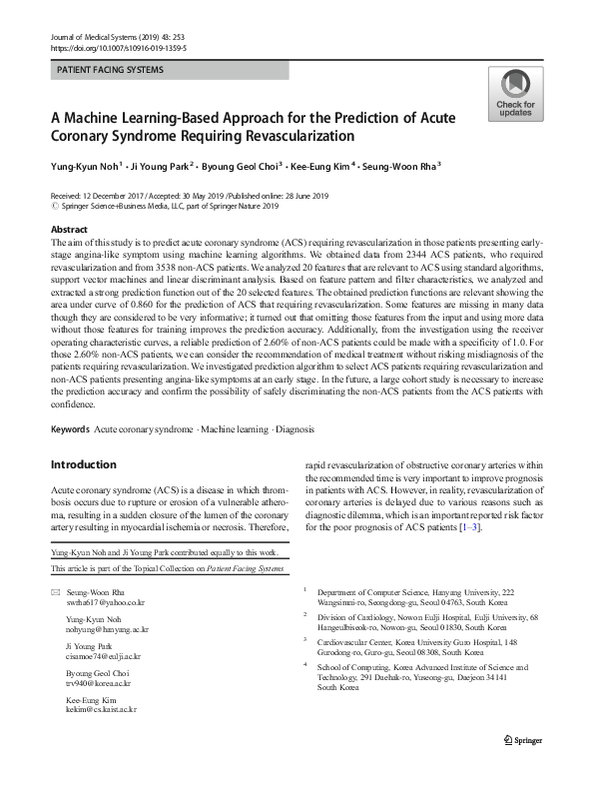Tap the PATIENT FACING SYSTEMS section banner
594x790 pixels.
click(112, 70)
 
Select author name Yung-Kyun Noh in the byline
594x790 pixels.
click(86, 166)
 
